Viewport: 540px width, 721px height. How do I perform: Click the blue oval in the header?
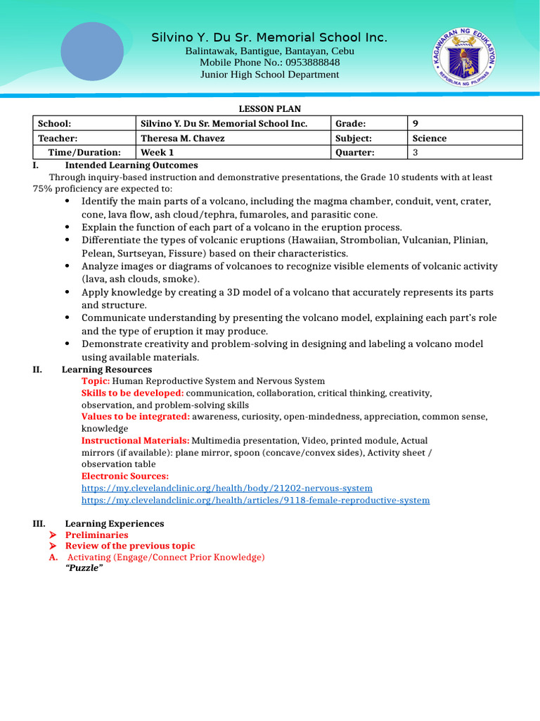[92, 51]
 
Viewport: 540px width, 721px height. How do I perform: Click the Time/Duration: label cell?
[84, 152]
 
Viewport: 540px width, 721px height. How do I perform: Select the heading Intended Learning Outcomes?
[131, 165]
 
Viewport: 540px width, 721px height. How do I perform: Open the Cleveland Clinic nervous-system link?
[226, 488]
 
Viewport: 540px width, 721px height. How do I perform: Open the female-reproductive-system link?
[255, 500]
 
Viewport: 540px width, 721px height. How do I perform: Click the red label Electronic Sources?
[125, 476]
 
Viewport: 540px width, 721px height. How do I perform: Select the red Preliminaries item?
[97, 535]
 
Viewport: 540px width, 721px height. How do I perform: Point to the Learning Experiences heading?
[115, 524]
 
